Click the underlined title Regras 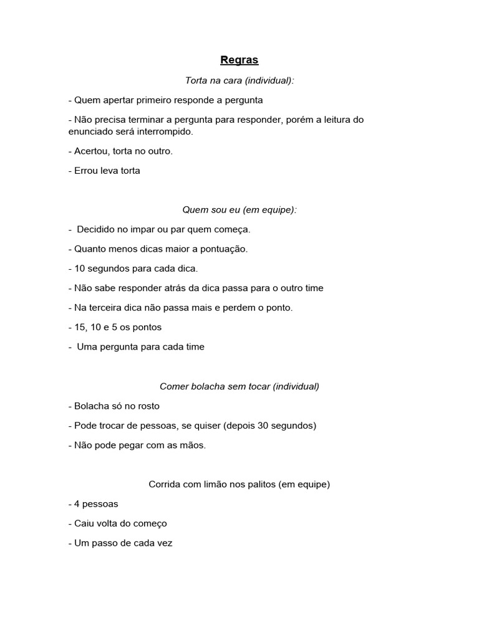click(x=239, y=60)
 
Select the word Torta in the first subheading click(x=197, y=80)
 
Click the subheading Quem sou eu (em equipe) click(x=239, y=210)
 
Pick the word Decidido click(x=97, y=229)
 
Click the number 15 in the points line click(x=80, y=327)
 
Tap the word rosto click(x=147, y=406)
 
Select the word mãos click(x=191, y=445)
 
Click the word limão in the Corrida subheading click(x=215, y=484)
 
